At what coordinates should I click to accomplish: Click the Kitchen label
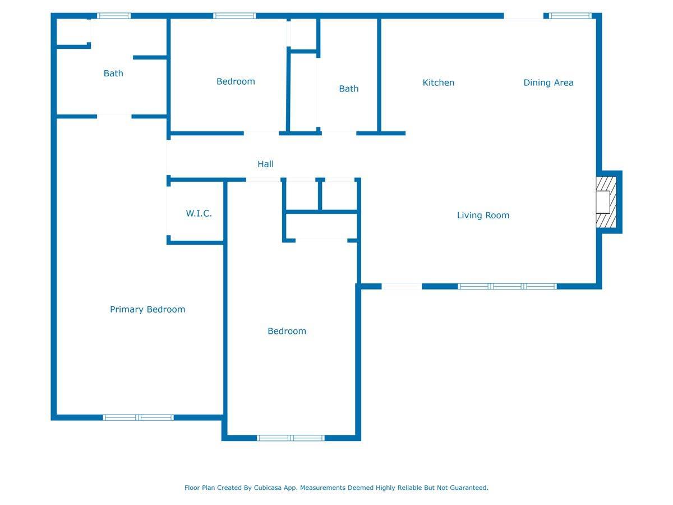pos(438,82)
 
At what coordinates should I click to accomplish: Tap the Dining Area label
pos(548,83)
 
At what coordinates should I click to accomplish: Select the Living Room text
pos(483,215)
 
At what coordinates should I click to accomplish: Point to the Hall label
pos(265,164)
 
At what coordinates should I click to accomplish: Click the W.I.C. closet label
pos(199,213)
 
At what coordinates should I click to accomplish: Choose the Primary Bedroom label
pos(147,309)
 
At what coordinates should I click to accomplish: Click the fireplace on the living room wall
pos(606,202)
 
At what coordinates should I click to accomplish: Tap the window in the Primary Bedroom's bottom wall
pos(139,417)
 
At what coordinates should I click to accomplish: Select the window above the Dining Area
pos(570,16)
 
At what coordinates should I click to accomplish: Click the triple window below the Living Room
pos(507,286)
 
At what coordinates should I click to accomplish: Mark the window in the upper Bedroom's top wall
pos(234,16)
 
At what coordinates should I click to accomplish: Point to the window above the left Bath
pos(114,16)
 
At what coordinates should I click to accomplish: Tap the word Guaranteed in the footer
pos(469,488)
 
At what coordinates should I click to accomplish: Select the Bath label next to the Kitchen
pos(349,89)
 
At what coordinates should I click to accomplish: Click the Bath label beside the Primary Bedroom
pos(113,74)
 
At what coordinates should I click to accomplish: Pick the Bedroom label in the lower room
pos(287,331)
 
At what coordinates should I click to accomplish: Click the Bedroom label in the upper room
pos(236,81)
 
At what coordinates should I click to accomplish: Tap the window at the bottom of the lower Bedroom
pos(291,438)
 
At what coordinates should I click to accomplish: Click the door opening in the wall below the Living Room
pos(402,286)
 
